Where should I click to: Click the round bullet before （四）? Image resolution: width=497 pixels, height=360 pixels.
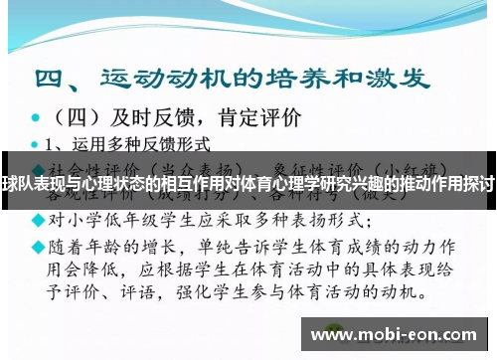pyautogui.click(x=36, y=117)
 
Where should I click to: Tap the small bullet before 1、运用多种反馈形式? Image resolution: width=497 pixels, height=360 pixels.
pyautogui.click(x=36, y=143)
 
